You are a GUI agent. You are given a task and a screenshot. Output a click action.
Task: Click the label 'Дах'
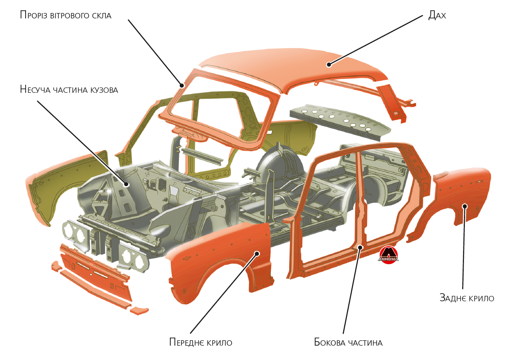click(437, 15)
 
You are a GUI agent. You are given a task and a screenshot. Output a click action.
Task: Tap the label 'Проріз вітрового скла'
click(65, 15)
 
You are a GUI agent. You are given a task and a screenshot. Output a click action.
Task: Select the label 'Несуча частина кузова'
click(69, 90)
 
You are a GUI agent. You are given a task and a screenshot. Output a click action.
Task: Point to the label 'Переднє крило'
click(200, 343)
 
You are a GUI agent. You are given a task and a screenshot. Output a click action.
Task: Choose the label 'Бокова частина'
click(348, 343)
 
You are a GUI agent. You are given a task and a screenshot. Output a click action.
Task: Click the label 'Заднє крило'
click(467, 298)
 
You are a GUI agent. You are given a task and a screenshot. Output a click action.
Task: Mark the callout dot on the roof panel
click(329, 65)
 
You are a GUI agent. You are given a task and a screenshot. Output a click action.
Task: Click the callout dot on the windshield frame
click(182, 85)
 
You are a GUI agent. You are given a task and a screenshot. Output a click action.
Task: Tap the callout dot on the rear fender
click(465, 206)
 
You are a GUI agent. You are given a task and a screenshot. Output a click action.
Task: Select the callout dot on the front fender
click(257, 253)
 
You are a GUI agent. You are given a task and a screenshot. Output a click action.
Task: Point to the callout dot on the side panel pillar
click(360, 247)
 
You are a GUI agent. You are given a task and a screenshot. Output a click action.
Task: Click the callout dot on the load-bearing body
click(126, 184)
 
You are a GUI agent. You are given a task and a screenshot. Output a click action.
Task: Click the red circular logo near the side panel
click(389, 255)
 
